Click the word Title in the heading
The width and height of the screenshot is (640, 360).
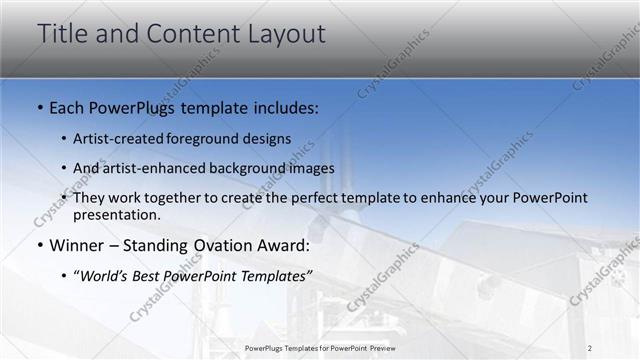[63, 33]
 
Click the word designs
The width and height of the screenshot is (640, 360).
[268, 139]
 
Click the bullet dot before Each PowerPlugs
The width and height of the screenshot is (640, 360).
[39, 107]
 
